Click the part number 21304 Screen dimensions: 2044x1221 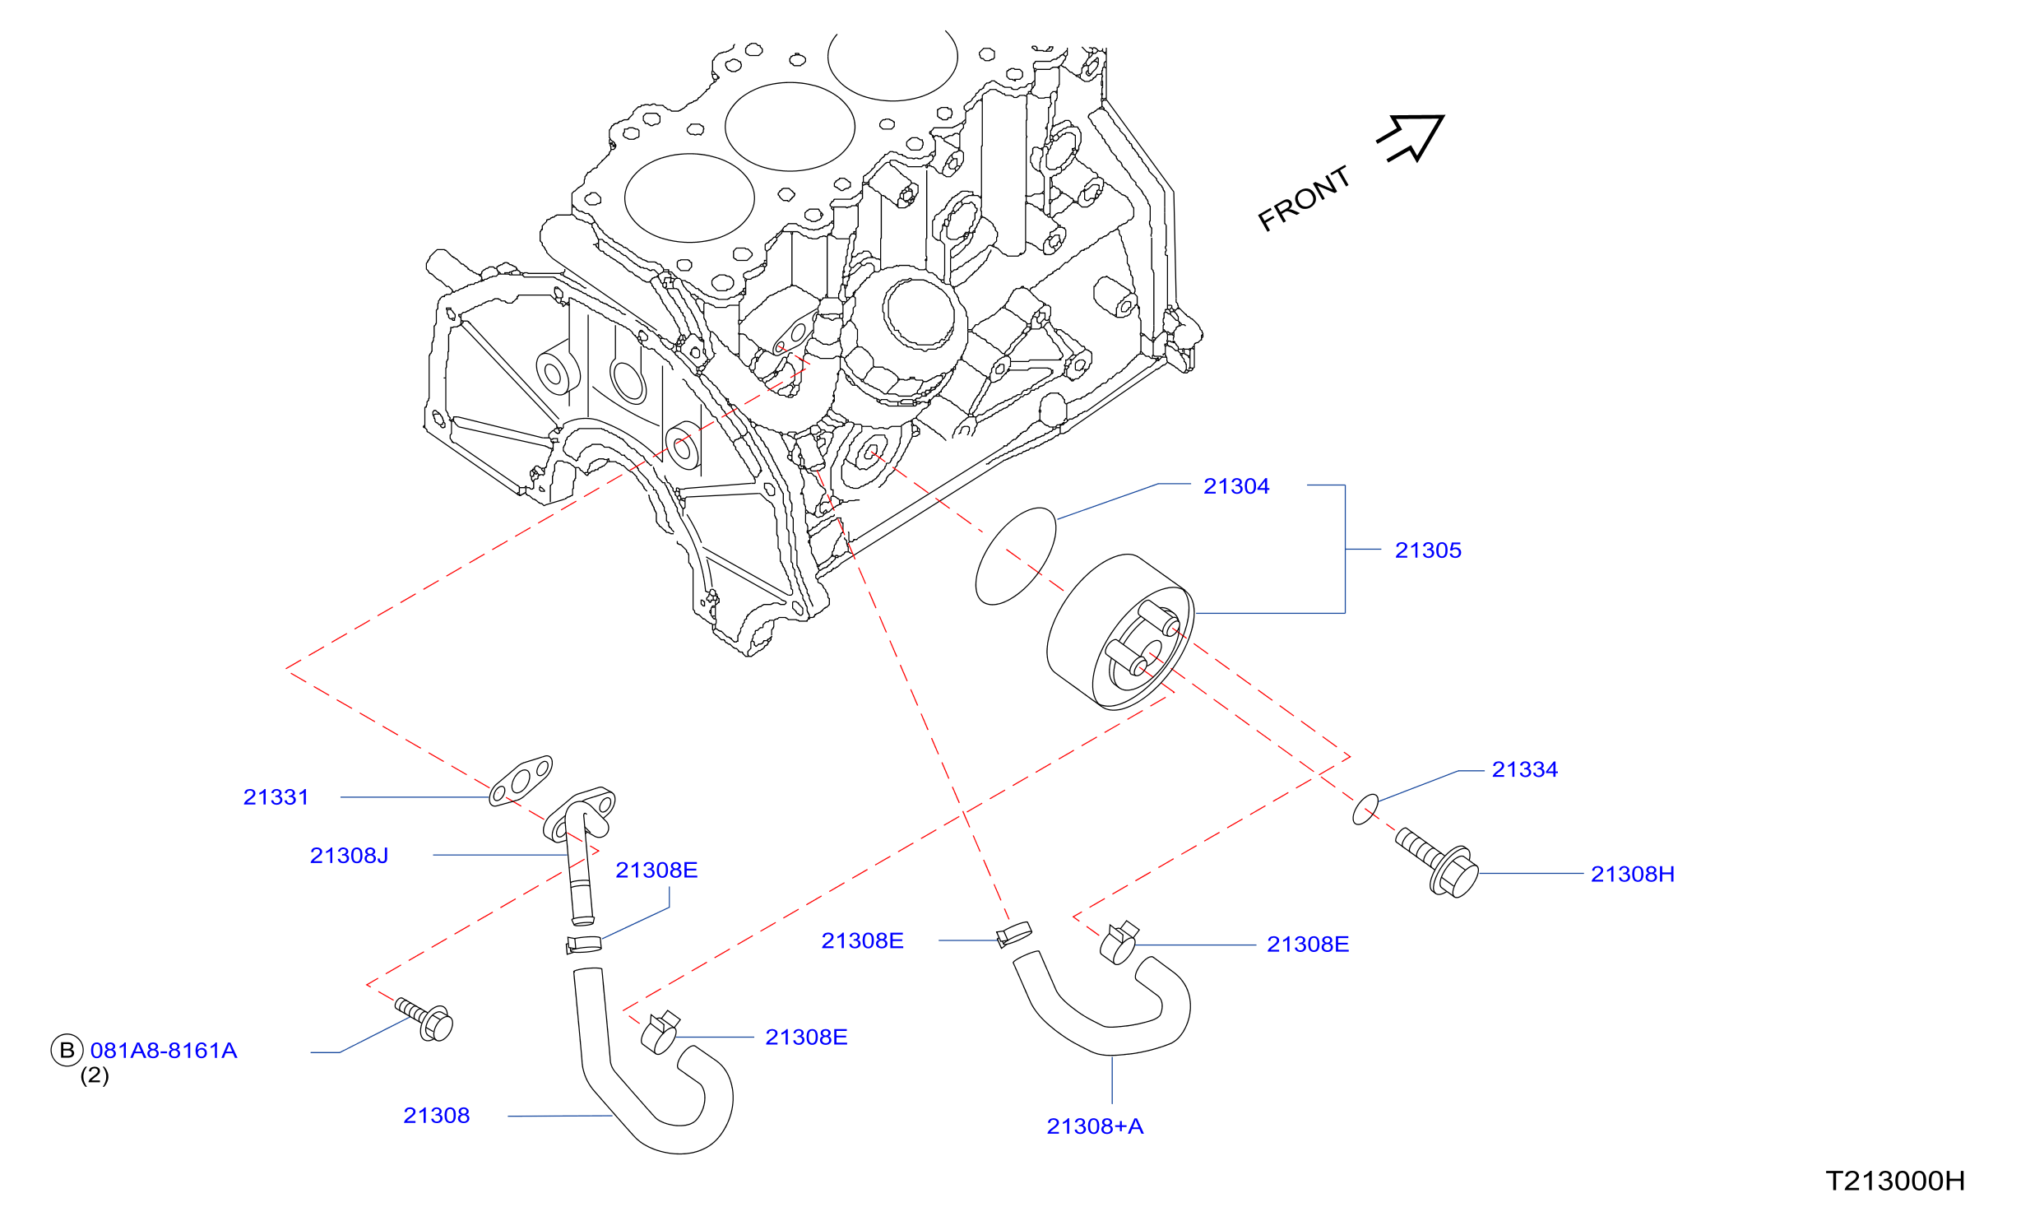point(1236,486)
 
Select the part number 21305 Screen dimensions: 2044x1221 point(1428,550)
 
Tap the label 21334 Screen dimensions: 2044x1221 point(1525,769)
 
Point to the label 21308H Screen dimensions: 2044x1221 point(1633,874)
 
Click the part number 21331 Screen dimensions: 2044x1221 point(276,797)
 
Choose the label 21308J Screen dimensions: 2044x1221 point(350,856)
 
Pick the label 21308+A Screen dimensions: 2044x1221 point(1095,1126)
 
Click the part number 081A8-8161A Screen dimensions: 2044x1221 point(164,1051)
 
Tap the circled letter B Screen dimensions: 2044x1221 point(67,1050)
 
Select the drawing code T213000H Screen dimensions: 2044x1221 point(1895,1182)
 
